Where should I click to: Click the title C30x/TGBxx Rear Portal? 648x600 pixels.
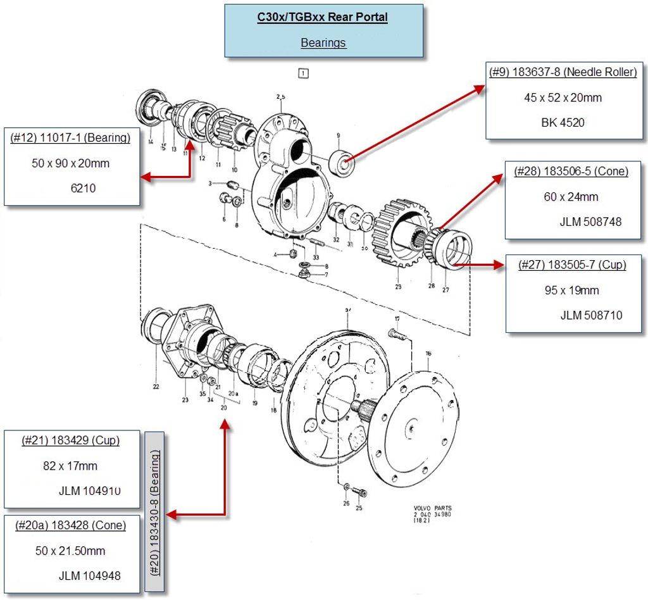pos(323,17)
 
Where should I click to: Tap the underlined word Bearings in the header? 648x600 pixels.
pos(323,43)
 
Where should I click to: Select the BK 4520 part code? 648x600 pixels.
pos(563,122)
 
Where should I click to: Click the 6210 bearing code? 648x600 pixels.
pos(84,188)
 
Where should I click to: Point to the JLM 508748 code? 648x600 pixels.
pos(590,222)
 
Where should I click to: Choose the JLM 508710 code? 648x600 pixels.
pos(591,315)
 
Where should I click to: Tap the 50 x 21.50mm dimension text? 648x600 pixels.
pos(70,551)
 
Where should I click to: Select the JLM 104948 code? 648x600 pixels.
pos(90,576)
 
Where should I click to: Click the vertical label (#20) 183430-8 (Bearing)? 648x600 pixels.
pos(154,512)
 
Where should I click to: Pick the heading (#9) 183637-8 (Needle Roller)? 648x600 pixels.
pos(563,72)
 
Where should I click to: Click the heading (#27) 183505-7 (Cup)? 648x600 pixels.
pos(572,265)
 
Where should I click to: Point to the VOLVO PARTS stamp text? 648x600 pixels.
pos(433,509)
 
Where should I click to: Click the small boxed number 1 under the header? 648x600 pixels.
pos(304,73)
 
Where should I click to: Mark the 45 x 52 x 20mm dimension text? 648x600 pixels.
pos(563,97)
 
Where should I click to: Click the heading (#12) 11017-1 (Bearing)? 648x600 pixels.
pos(70,138)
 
